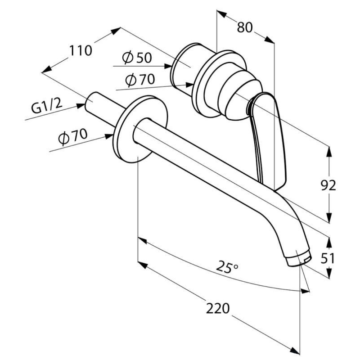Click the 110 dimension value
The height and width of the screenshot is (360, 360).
(81, 50)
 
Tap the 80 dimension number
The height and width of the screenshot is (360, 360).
(244, 27)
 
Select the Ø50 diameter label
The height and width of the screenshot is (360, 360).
(137, 58)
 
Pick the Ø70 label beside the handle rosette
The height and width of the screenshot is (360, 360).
(140, 80)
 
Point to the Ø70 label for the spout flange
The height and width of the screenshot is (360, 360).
(73, 137)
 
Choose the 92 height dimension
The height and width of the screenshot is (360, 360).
(328, 185)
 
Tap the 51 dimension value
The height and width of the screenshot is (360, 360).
(328, 258)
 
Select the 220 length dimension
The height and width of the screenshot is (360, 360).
(218, 308)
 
